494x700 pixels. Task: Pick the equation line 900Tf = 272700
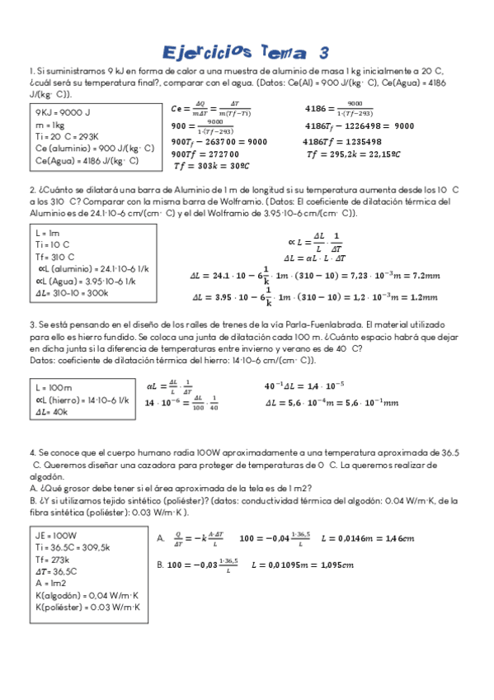click(x=205, y=154)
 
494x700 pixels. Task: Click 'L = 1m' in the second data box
click(x=48, y=234)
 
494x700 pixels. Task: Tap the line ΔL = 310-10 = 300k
click(x=72, y=292)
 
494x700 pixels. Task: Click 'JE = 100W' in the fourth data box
click(x=57, y=536)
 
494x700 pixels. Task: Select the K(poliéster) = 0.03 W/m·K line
click(x=87, y=608)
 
